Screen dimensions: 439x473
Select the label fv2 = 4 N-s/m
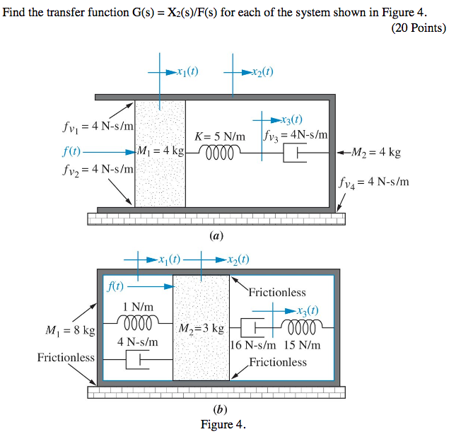tap(94, 170)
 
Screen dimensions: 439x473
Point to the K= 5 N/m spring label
tap(220, 136)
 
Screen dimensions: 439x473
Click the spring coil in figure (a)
tap(221, 152)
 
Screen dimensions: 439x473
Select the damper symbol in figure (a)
tap(296, 152)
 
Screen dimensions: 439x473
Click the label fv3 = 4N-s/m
tap(294, 134)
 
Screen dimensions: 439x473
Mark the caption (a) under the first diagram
tap(216, 236)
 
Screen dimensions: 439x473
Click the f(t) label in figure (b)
tap(115, 286)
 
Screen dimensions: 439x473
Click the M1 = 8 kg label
tap(70, 330)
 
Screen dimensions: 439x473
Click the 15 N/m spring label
tap(302, 345)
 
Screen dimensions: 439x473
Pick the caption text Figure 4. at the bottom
tap(223, 424)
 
